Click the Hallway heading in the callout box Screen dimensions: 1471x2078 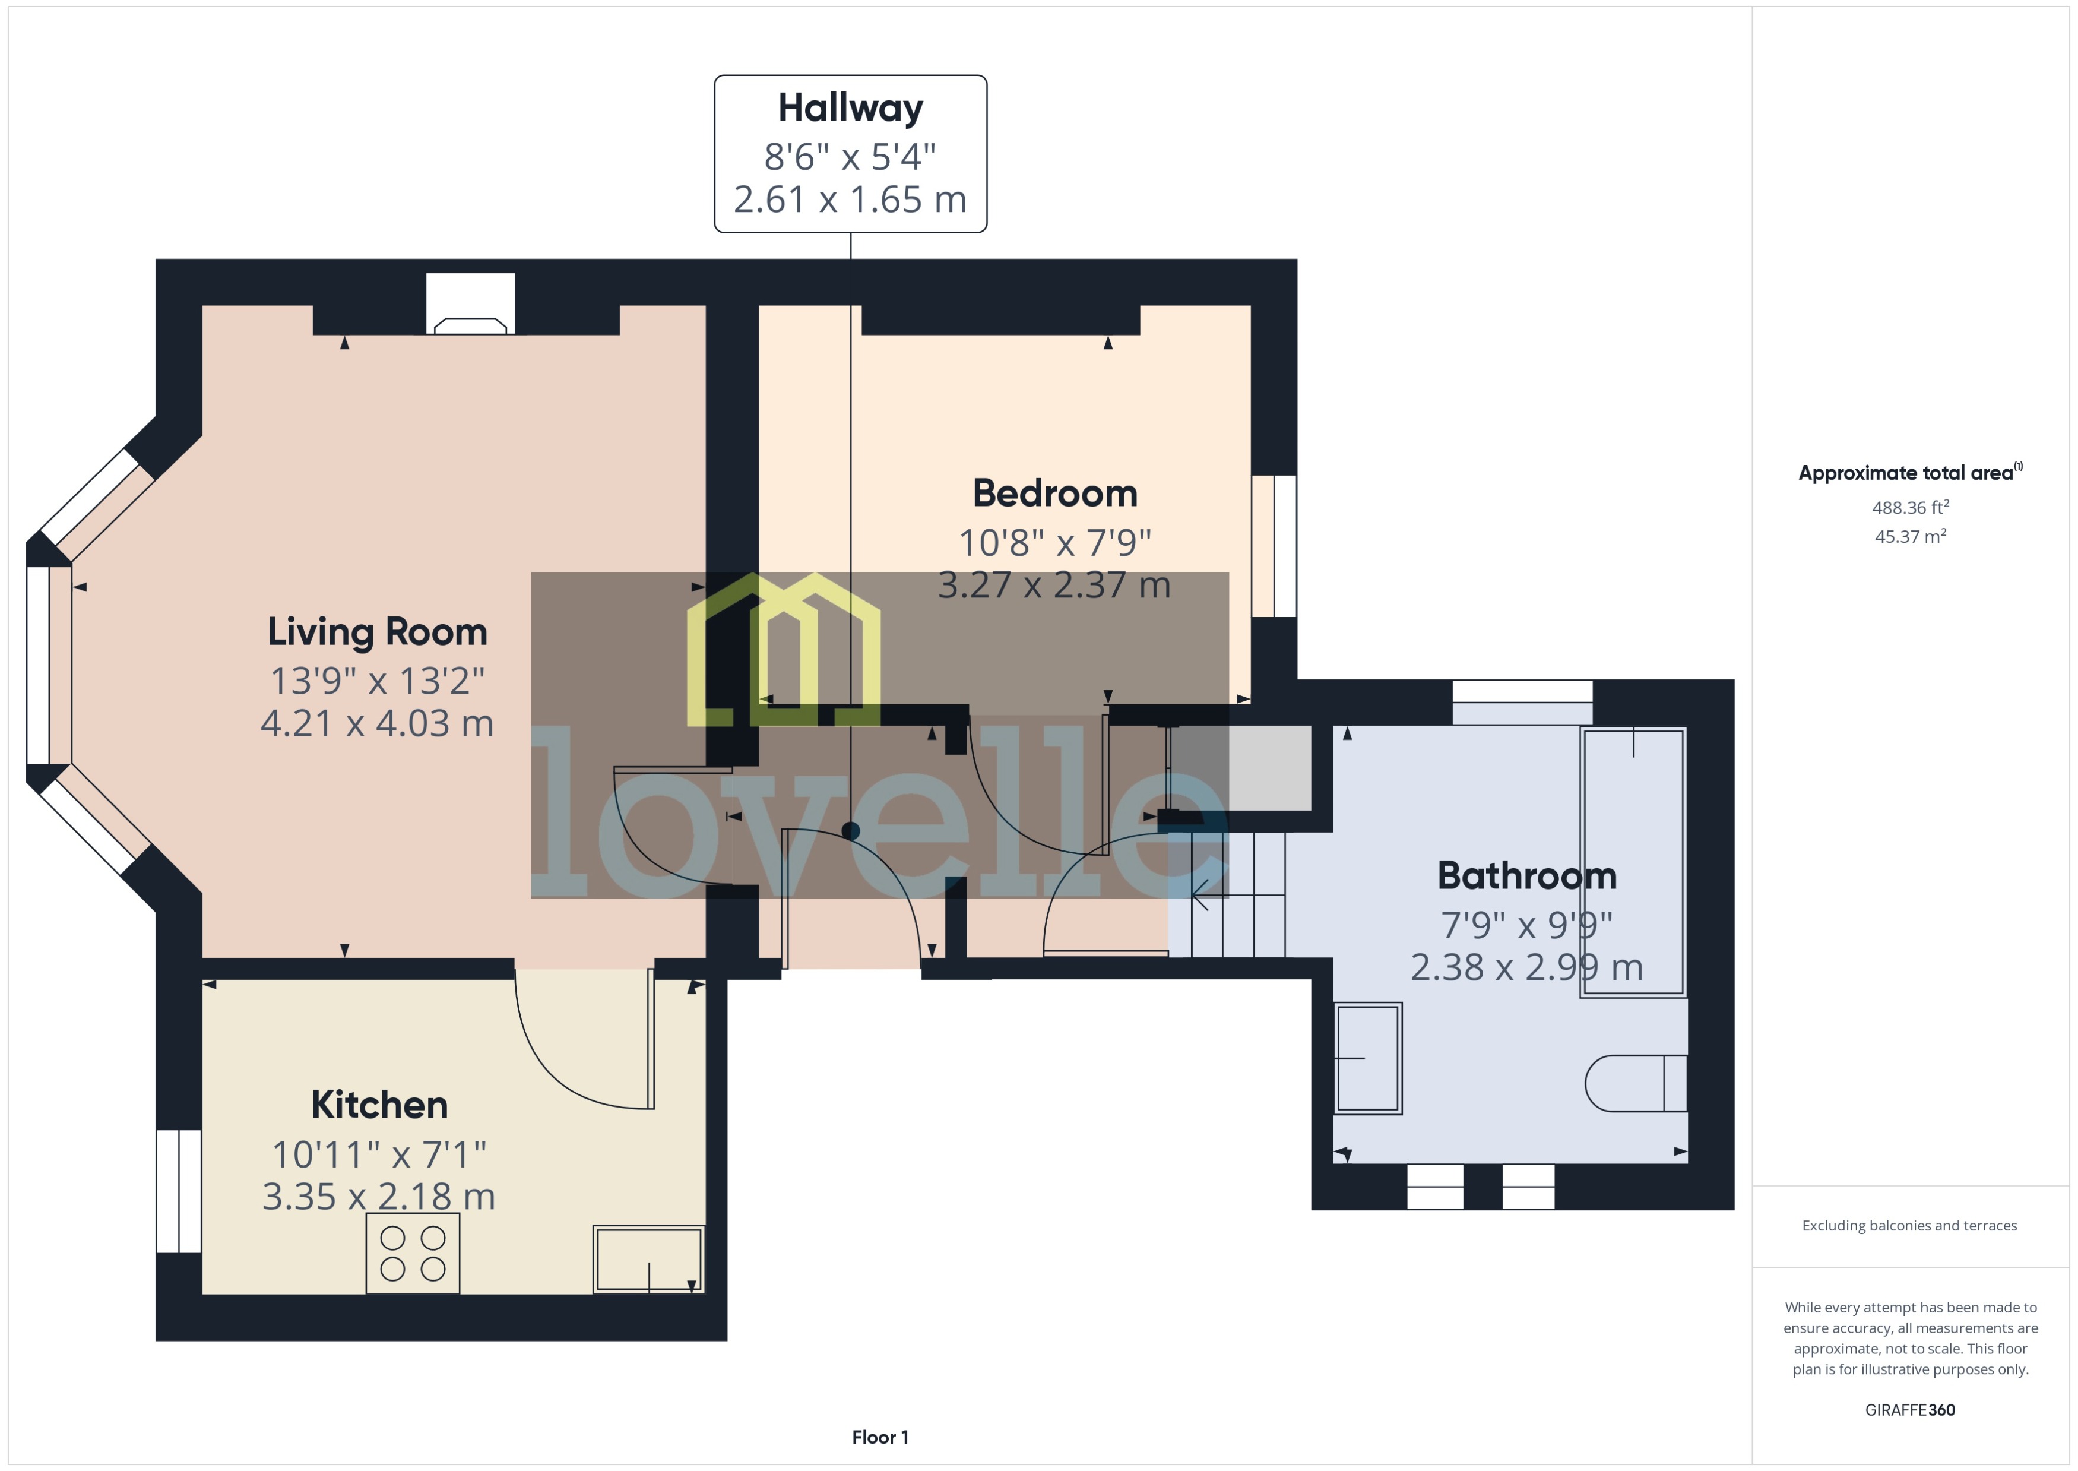[850, 108]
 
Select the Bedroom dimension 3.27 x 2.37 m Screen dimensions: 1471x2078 [1054, 585]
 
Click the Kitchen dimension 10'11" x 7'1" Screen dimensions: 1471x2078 [378, 1154]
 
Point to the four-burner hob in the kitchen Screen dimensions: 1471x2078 [413, 1252]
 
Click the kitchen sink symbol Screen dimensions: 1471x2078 [648, 1259]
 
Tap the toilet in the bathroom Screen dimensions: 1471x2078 [1635, 1083]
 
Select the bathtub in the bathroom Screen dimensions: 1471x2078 [1633, 862]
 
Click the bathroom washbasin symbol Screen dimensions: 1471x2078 [1368, 1058]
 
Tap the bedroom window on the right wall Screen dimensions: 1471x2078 [1274, 546]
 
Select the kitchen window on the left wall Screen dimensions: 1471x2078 [178, 1190]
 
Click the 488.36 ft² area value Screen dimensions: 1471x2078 [1909, 507]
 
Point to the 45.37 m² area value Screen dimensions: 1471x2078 [1909, 536]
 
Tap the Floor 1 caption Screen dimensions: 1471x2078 [879, 1437]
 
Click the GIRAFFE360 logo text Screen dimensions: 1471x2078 [1909, 1409]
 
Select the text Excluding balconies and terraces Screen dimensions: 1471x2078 [1909, 1226]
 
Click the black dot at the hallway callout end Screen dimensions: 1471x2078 [850, 830]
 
